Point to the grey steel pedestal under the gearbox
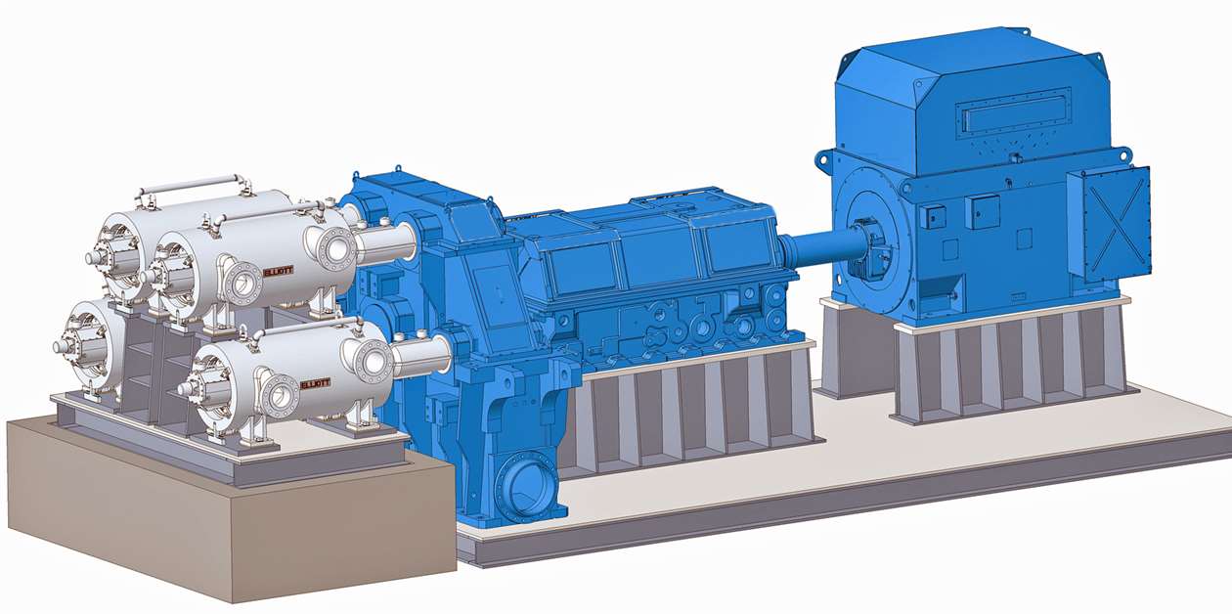pos(694,411)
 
